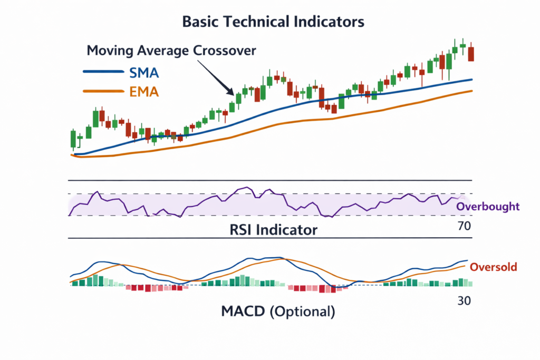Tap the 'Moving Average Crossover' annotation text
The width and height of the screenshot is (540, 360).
[x=171, y=51]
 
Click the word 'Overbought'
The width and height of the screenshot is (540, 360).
[x=488, y=206]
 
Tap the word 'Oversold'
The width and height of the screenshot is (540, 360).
[x=493, y=267]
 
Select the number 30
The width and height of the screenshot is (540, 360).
[x=464, y=301]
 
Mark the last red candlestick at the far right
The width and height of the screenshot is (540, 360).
[x=471, y=53]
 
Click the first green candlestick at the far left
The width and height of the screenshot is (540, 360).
[x=73, y=139]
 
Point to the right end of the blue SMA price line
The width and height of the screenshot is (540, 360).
[x=471, y=80]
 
